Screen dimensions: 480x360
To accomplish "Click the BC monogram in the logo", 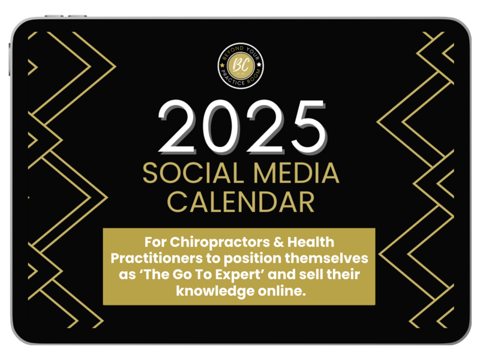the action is tap(241, 65).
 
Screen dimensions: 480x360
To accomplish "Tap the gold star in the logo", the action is tap(222, 65).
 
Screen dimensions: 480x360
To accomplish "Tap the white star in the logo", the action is tap(259, 65).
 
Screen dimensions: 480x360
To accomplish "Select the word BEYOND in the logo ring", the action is tap(233, 52).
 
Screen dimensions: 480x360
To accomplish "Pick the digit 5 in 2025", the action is tap(308, 127).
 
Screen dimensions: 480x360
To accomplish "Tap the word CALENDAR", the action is tap(241, 202).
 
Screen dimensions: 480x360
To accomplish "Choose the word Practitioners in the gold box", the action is tap(157, 258).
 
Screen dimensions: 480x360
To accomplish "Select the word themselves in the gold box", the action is tap(326, 258).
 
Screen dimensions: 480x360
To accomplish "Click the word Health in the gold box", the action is tap(310, 242).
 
